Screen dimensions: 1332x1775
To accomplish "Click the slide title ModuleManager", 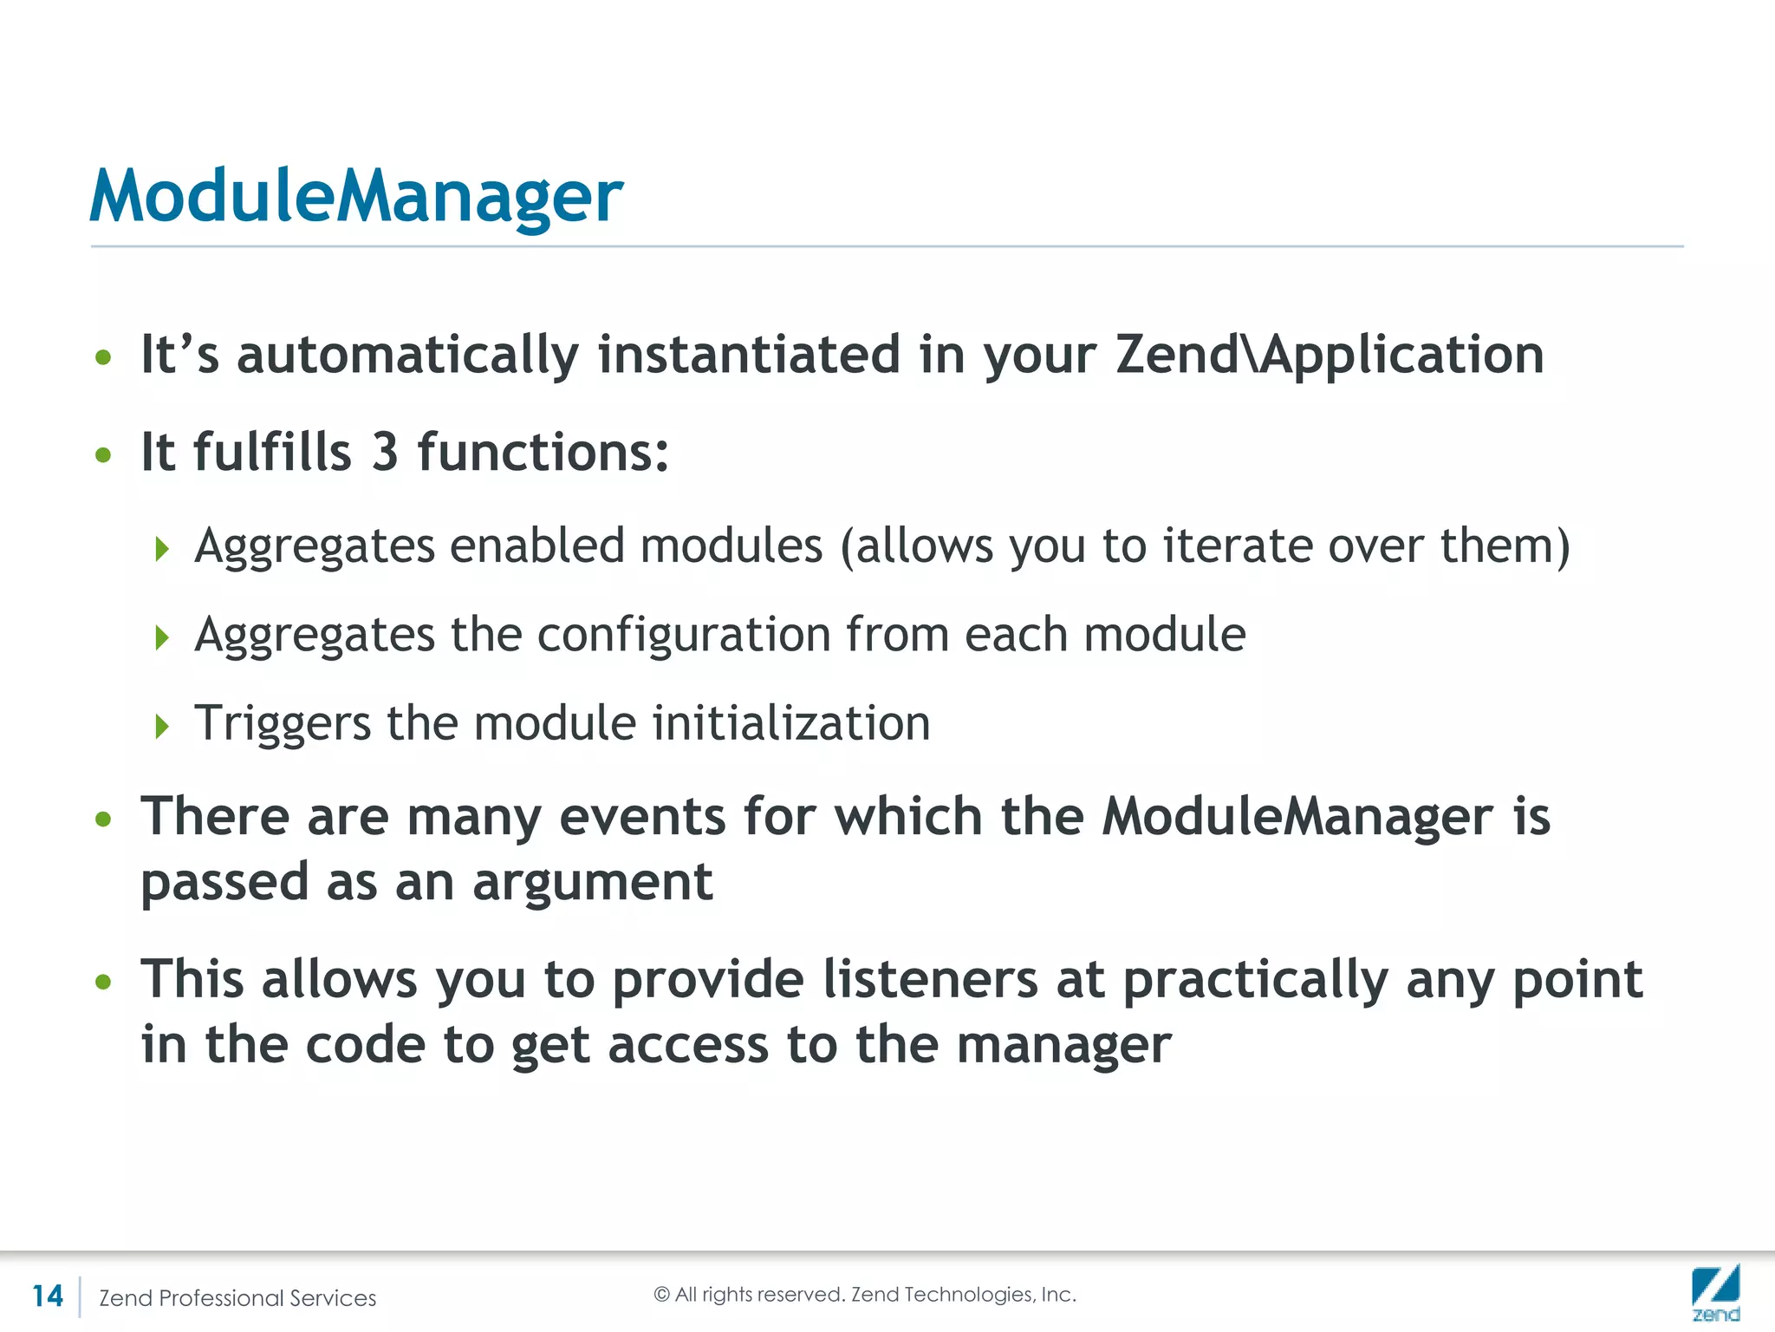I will click(x=355, y=196).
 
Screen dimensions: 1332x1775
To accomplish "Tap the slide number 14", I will click(x=48, y=1296).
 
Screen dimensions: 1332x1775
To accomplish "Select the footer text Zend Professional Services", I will click(x=237, y=1298).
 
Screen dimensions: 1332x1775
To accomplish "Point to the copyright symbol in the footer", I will click(x=662, y=1295).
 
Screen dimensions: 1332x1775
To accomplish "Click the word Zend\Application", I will click(x=1329, y=356).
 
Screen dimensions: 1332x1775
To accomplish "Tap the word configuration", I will click(x=683, y=635).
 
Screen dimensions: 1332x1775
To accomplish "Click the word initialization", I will click(x=790, y=723).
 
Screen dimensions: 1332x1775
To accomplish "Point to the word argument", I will click(x=592, y=883).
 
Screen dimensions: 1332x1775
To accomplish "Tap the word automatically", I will click(x=407, y=356).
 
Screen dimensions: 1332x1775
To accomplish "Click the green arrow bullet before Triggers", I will click(x=161, y=726).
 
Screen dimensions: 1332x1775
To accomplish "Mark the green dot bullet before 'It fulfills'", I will click(x=104, y=454).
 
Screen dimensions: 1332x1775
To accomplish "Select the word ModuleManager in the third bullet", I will click(x=1297, y=818).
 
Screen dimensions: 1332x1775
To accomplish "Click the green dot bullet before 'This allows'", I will click(x=104, y=982).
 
